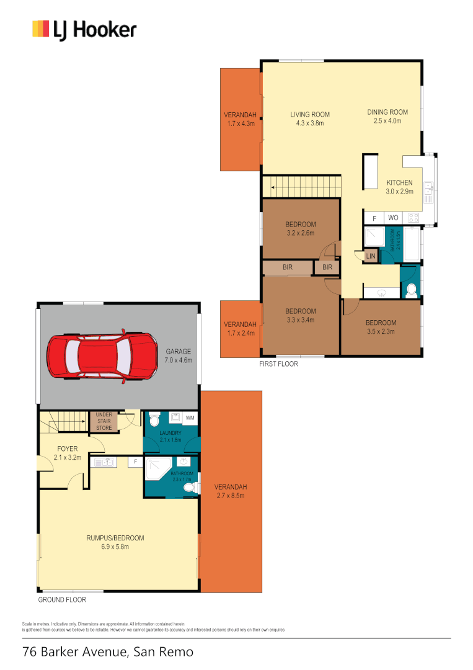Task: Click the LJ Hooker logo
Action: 84,29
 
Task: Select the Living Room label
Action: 310,118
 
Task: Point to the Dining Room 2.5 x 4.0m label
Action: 387,116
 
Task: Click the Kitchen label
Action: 399,187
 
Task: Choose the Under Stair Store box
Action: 104,422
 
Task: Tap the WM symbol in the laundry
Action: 189,418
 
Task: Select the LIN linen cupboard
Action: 371,256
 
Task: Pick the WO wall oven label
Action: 392,218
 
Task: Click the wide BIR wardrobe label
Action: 288,267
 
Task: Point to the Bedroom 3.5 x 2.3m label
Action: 380,327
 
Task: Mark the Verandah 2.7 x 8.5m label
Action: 231,491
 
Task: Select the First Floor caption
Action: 278,364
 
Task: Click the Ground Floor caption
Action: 62,600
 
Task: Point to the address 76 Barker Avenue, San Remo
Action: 108,652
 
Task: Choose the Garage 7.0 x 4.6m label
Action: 178,355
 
